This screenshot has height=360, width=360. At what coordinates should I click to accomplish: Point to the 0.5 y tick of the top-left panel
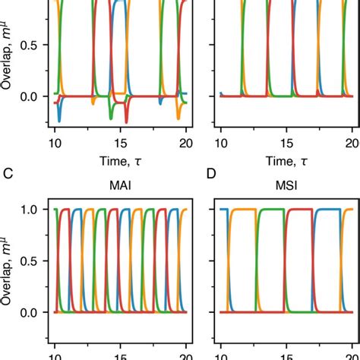point(30,45)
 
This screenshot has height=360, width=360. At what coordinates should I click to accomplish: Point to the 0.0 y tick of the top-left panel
point(30,96)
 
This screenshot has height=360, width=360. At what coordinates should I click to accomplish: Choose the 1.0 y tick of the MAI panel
point(30,209)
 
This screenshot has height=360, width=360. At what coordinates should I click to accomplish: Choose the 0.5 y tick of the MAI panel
point(30,261)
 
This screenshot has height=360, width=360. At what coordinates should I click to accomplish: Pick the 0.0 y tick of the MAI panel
point(30,312)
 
